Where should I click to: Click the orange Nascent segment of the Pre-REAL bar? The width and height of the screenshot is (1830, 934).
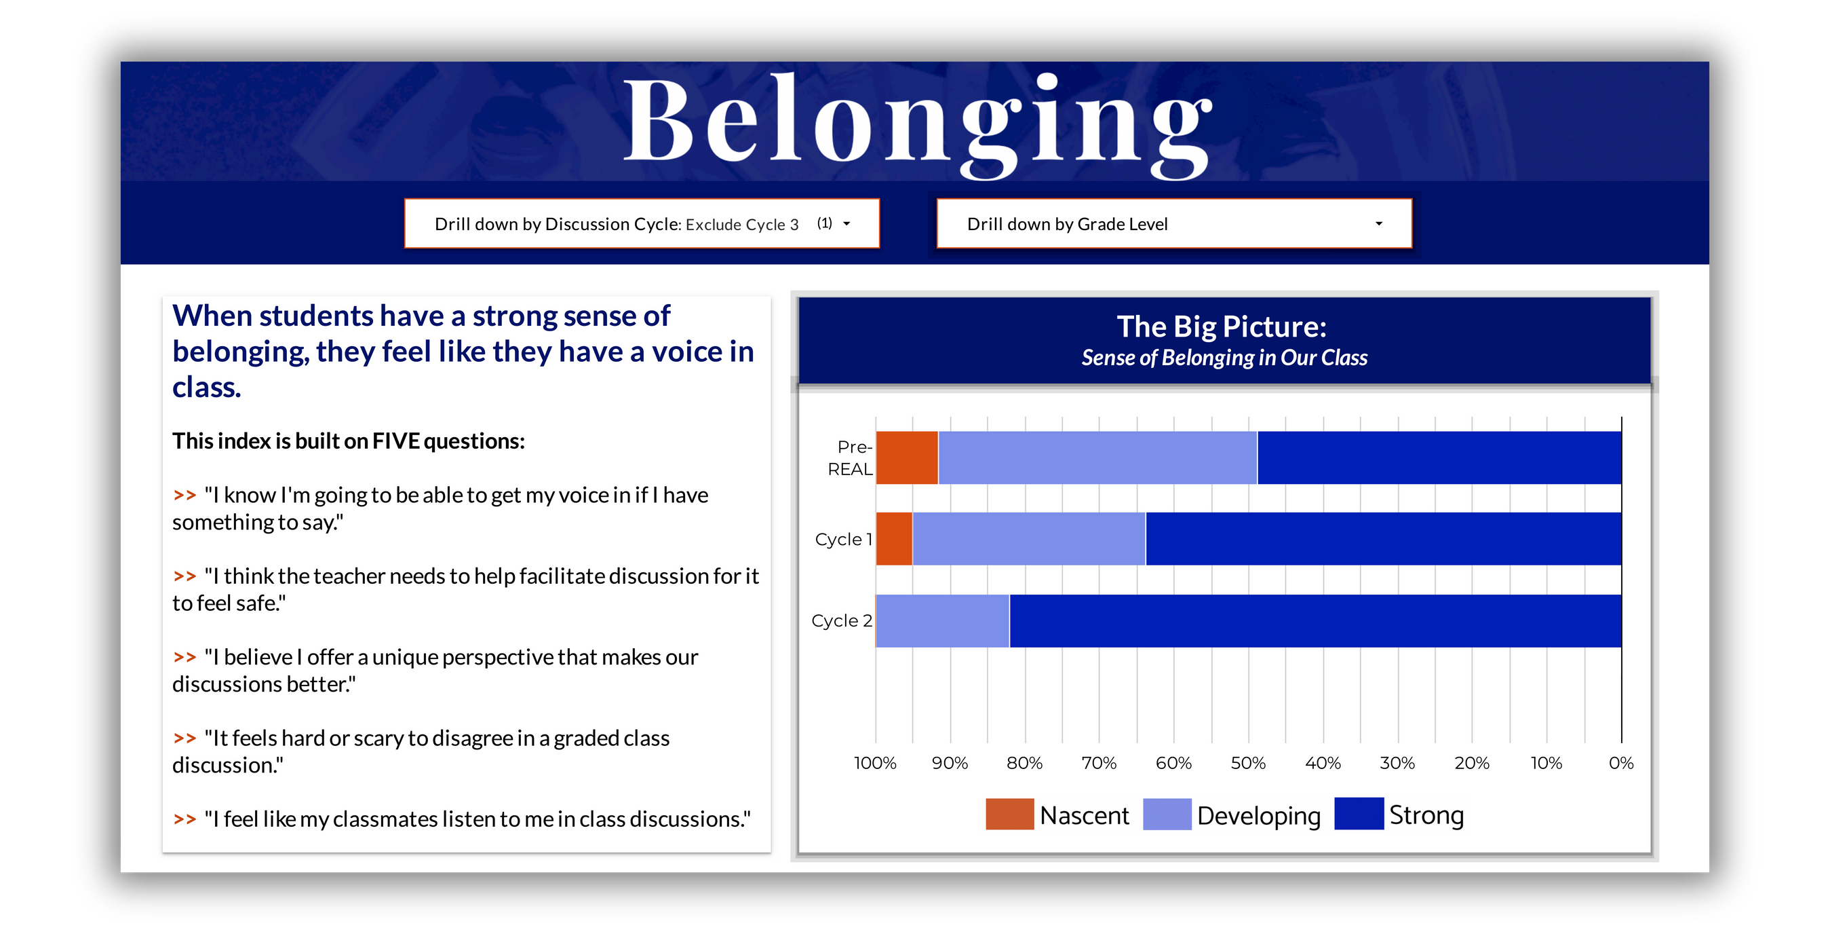click(x=906, y=457)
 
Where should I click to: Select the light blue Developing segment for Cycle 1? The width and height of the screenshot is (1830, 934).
click(x=1029, y=539)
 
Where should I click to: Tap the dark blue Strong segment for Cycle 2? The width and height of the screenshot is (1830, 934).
click(x=1315, y=620)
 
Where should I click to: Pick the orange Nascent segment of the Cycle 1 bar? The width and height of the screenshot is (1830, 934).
click(x=895, y=539)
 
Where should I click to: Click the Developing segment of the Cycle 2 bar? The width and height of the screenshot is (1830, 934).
click(x=943, y=620)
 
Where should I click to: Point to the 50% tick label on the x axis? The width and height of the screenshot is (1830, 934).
click(x=1248, y=763)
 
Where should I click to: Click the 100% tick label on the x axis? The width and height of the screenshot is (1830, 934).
click(x=875, y=763)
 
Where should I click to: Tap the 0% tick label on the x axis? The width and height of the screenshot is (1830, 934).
click(x=1621, y=763)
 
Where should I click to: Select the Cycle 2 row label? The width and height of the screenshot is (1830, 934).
click(x=842, y=620)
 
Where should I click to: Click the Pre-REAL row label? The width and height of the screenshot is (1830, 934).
click(x=851, y=457)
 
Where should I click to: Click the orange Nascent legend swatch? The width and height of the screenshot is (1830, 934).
click(x=1009, y=814)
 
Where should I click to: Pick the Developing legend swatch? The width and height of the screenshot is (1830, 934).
click(x=1167, y=814)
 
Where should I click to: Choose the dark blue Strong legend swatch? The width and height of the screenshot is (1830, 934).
click(x=1359, y=814)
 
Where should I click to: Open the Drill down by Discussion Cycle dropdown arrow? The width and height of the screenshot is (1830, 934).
click(x=846, y=224)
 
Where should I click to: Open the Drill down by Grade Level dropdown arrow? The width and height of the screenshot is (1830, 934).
click(x=1379, y=224)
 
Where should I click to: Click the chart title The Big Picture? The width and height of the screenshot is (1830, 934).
click(x=1222, y=327)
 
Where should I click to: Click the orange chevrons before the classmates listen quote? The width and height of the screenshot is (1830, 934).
click(x=184, y=819)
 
